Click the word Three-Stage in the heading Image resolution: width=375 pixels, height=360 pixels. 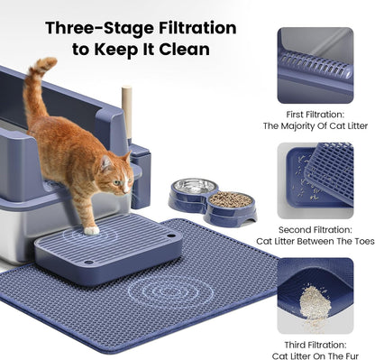92,28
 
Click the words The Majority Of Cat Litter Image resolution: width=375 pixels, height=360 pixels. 315,127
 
